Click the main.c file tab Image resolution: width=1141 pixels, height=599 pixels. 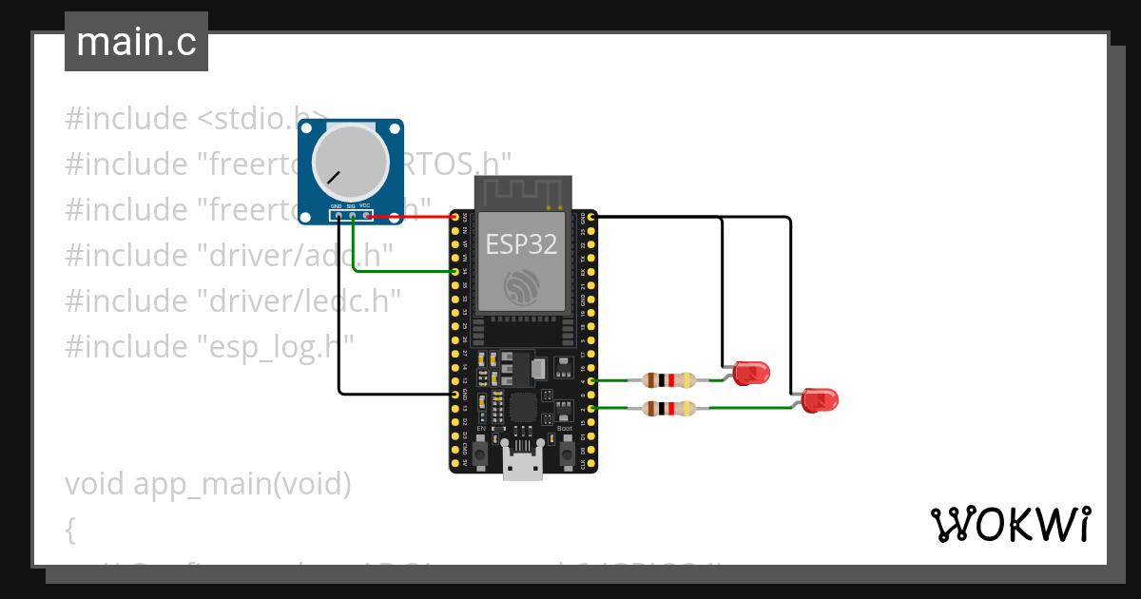pyautogui.click(x=136, y=43)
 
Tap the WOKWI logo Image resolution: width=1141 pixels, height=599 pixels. pyautogui.click(x=1010, y=524)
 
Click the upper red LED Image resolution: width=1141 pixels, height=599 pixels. pyautogui.click(x=750, y=373)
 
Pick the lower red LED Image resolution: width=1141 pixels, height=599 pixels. pyautogui.click(x=818, y=400)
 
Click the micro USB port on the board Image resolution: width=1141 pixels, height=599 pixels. pyautogui.click(x=523, y=468)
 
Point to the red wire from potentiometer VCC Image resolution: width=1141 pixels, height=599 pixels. pyautogui.click(x=409, y=217)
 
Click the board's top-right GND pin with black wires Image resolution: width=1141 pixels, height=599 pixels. pyautogui.click(x=591, y=218)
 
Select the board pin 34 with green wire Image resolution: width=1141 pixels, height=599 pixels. pyautogui.click(x=455, y=272)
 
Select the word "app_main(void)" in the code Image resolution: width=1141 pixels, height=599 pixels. pyautogui.click(x=242, y=484)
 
